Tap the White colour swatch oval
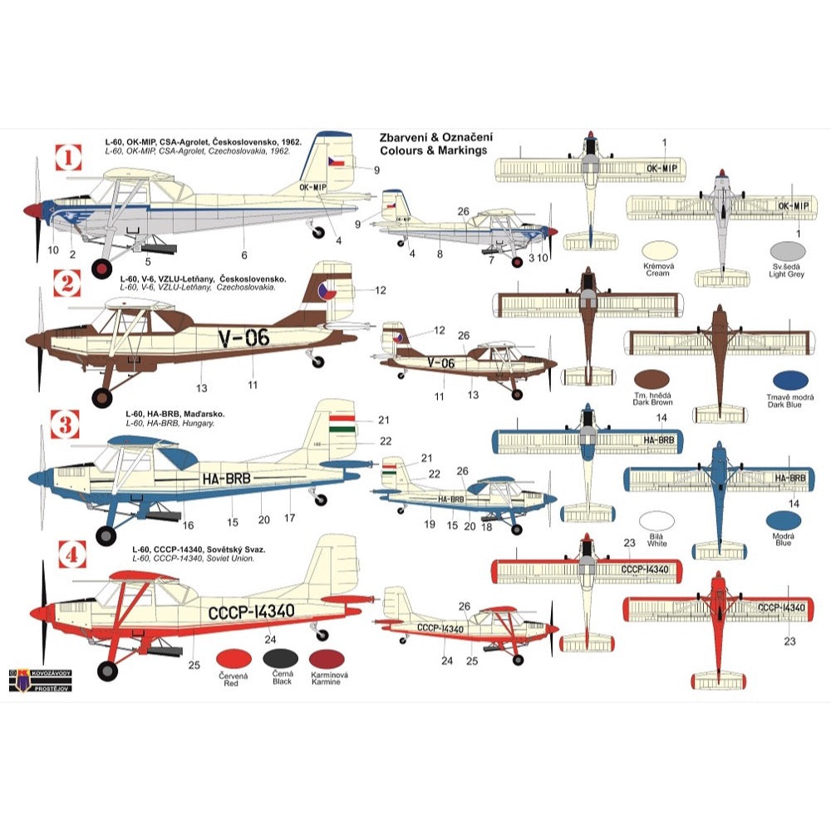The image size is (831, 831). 656,521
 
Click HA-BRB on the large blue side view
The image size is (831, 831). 226,478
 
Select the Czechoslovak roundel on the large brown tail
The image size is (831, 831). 328,291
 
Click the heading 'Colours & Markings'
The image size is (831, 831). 433,151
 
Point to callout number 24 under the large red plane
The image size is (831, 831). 270,639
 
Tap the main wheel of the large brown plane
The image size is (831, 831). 102,398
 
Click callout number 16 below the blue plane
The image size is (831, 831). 189,525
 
